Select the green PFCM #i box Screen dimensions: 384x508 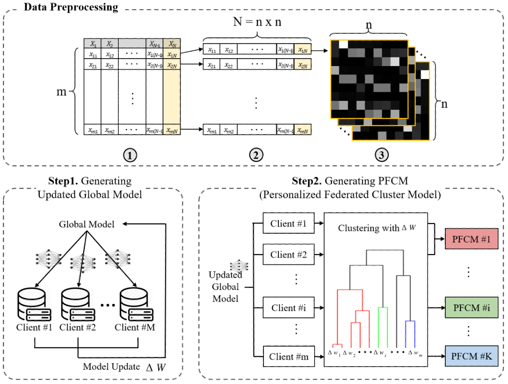point(471,308)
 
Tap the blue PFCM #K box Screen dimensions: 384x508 point(471,356)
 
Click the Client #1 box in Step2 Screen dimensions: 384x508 point(288,224)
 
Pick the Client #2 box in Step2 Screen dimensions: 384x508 point(288,254)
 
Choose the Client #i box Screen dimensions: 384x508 point(288,308)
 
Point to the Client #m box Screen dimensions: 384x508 point(288,357)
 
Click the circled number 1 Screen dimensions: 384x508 point(130,155)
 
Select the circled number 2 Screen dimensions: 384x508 point(256,155)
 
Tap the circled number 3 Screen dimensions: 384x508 point(381,155)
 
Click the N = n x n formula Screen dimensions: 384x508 point(257,22)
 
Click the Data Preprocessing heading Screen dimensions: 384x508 point(71,7)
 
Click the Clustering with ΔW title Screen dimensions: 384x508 point(372,228)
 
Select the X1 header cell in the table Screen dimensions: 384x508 point(93,44)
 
